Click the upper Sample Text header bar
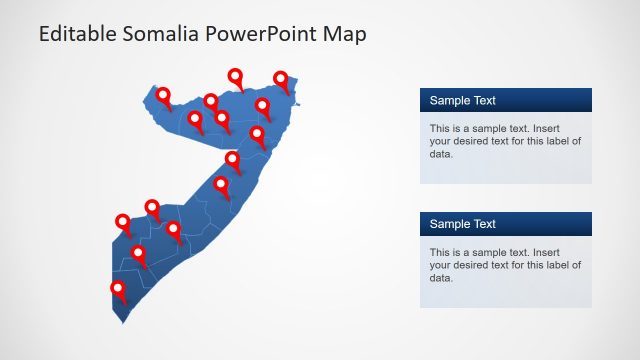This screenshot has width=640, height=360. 505,100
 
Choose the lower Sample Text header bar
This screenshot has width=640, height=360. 505,224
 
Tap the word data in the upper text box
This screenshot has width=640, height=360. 441,154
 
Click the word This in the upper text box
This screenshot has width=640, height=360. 441,128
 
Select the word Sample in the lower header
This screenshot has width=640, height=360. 449,224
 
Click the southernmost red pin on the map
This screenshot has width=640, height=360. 119,290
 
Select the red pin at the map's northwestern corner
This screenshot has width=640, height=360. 163,96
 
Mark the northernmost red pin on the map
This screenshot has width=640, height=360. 236,76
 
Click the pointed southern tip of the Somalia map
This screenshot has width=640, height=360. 122,322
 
